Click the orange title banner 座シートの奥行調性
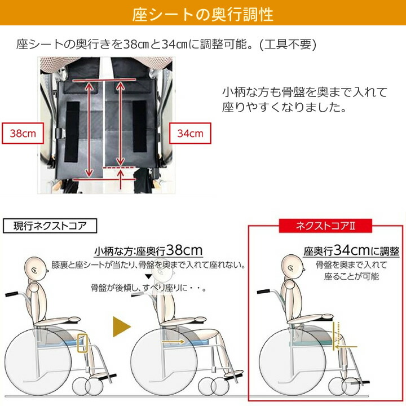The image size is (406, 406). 203,14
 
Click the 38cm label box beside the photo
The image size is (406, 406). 23,134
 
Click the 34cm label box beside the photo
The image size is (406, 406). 190,134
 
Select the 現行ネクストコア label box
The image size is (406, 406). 51,227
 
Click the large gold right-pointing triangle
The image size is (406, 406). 122,326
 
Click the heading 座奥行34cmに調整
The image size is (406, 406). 351,250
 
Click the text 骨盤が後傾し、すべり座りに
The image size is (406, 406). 148,288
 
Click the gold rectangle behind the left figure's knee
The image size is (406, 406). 83,342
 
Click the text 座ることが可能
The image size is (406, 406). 351,277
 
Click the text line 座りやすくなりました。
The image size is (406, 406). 283,107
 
